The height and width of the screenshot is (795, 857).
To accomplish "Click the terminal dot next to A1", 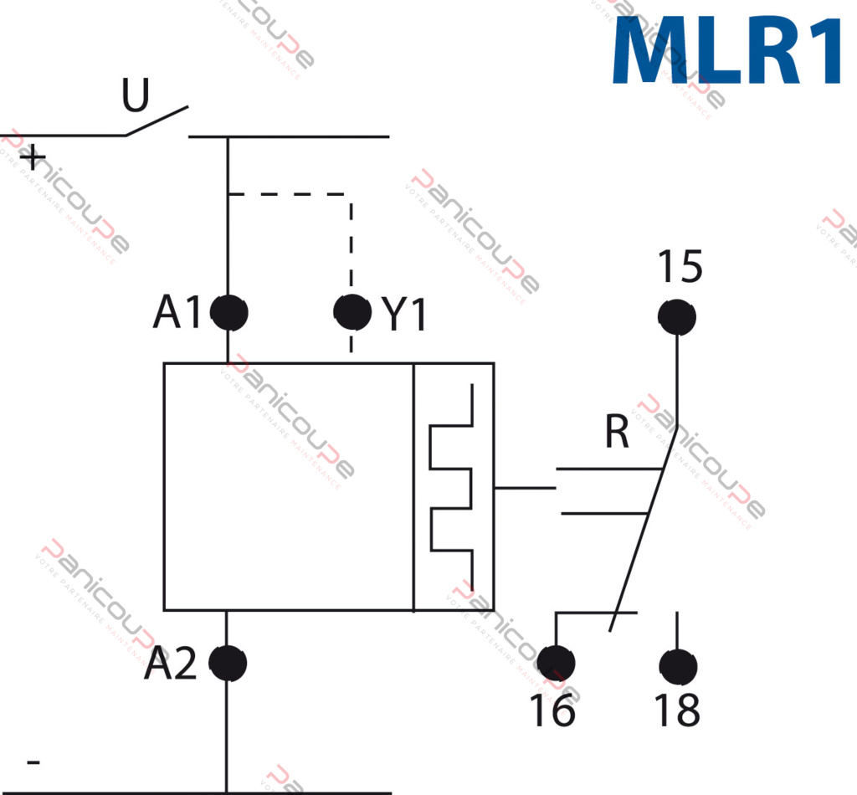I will point(228,313).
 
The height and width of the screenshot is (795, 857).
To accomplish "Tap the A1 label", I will point(177,313).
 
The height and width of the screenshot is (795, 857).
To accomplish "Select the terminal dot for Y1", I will point(352,311).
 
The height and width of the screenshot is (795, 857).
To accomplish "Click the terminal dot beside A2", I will point(228,664).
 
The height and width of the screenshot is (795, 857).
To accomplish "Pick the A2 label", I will point(170,665).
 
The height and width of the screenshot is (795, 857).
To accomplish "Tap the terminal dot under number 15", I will point(677,316).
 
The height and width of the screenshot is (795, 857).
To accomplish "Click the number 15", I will point(679,268).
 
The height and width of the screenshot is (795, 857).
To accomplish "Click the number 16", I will point(552,711).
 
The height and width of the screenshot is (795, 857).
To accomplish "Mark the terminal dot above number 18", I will point(677,666).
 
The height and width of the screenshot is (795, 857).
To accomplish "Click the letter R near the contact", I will point(617,433).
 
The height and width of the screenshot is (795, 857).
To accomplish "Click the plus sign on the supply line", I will point(33,157).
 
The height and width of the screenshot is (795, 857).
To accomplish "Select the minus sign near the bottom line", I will point(33,762).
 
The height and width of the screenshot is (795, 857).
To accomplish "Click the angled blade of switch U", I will point(157,121).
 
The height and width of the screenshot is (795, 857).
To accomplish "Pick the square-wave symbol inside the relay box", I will point(452,487).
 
